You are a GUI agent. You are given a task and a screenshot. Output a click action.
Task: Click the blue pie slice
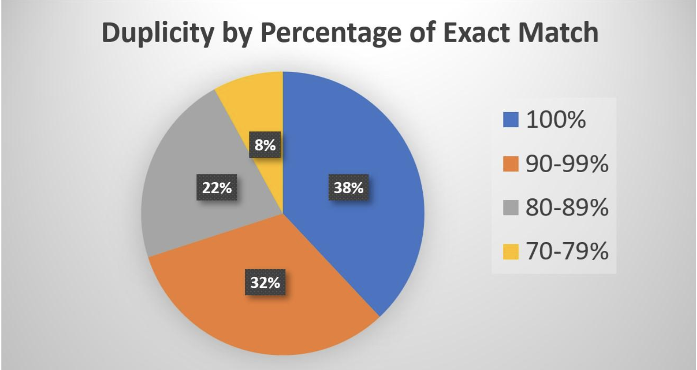point(369,152)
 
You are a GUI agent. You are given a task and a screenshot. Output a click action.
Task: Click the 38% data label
point(348,188)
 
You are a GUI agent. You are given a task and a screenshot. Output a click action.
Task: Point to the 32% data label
point(265,282)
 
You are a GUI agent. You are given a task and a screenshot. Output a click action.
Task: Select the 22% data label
point(217,188)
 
